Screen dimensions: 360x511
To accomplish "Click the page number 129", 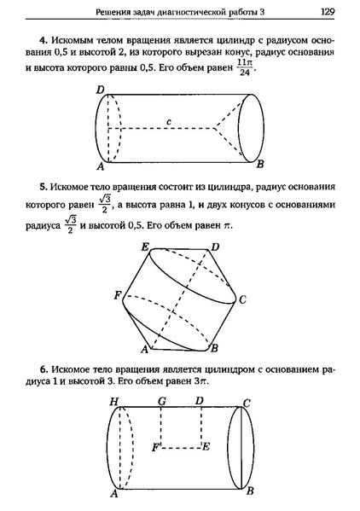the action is coord(326,13).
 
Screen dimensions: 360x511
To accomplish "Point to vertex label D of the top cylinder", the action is coord(100,90).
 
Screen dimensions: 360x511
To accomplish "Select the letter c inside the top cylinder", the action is coord(171,122).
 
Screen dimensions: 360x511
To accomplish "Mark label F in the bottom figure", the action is coord(155,446).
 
